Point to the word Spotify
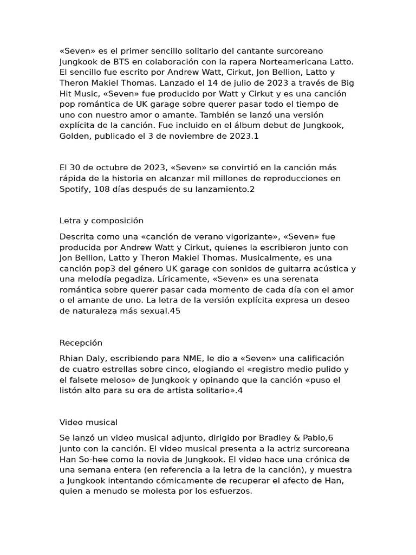pos(75,189)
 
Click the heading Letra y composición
pos(101,221)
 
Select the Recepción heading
pos(81,343)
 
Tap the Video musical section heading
pos(88,422)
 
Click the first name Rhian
pos(71,358)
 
